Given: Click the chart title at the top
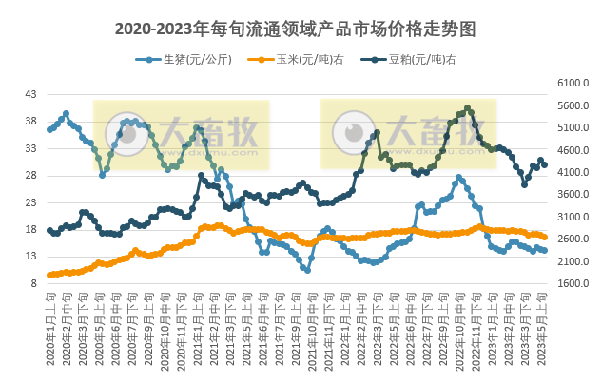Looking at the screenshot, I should coord(301,29).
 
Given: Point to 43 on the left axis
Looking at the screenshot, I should coord(30,94).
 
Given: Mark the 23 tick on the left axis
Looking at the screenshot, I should coord(30,202).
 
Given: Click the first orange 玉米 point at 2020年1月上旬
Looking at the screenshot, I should coord(49,275).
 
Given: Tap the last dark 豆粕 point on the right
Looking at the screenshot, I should coord(544,165).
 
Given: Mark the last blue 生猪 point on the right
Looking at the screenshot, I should coord(544,250).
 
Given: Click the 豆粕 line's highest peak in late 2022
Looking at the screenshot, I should coord(467,108).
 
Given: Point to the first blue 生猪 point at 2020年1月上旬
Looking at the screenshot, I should coord(49,129).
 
